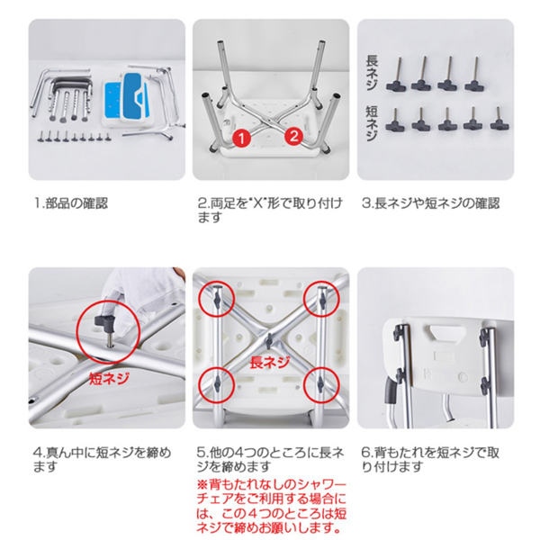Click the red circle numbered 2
click(292, 137)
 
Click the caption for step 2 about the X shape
click(270, 211)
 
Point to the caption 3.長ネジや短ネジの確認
click(430, 203)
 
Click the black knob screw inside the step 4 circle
click(106, 321)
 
